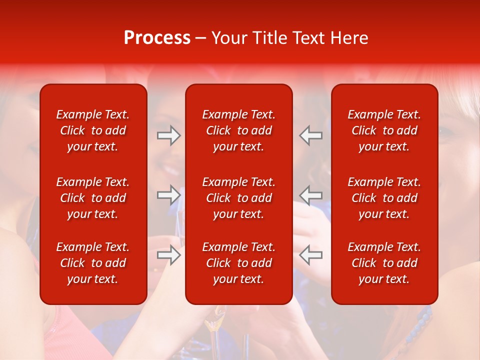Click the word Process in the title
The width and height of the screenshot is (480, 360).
click(x=157, y=38)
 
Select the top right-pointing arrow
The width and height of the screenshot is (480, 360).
click(x=169, y=135)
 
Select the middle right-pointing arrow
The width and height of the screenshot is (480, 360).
click(x=169, y=194)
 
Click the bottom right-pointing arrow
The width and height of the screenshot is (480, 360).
click(x=169, y=255)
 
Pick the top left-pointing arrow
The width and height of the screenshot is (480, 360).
click(x=311, y=135)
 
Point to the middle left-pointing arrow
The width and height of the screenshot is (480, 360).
click(x=311, y=194)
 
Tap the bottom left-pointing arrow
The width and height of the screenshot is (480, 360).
click(x=311, y=255)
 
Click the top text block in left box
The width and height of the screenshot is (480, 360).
click(x=93, y=130)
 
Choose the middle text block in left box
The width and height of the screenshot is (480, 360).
click(x=93, y=198)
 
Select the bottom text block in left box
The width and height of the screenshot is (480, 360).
click(x=93, y=263)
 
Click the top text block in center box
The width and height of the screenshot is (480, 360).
click(x=239, y=130)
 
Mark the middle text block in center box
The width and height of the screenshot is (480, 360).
click(x=239, y=198)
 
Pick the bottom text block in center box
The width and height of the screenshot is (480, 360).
click(x=239, y=263)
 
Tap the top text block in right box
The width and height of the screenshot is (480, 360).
click(x=384, y=130)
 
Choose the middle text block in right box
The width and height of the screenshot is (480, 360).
click(x=384, y=198)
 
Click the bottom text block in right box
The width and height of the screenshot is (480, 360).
click(x=384, y=263)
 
